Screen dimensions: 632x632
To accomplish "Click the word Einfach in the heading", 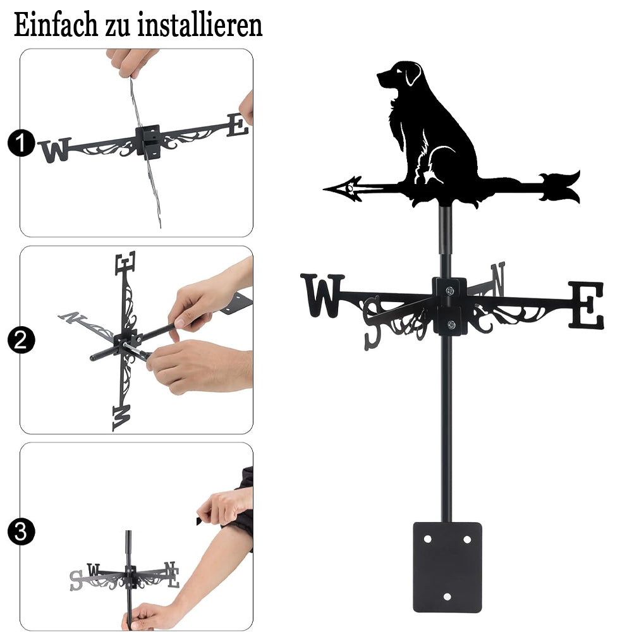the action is (56, 25).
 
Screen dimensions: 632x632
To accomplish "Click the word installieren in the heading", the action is (200, 25).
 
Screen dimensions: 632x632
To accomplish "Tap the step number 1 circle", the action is (21, 143).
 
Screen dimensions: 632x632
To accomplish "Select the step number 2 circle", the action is (21, 341).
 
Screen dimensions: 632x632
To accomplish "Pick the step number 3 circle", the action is (21, 532).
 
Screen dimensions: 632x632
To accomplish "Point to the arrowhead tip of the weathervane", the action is (324, 188).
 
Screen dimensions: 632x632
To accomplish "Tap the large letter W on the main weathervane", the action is (322, 295).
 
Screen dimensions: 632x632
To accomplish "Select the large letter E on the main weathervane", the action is (587, 305).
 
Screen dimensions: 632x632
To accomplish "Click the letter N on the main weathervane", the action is (498, 278).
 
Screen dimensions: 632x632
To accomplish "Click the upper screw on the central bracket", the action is (449, 290).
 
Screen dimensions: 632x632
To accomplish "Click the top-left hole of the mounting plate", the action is (428, 539).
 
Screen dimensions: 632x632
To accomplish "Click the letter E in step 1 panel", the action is (238, 125).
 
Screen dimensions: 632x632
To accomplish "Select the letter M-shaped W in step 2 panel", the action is (121, 418).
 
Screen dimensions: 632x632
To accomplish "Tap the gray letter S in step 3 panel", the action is (76, 580).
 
